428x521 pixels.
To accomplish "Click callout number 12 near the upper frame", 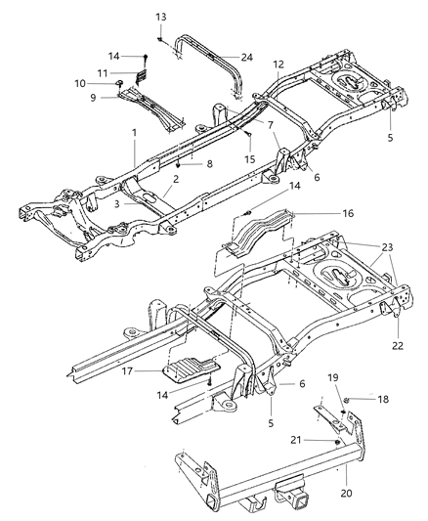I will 279,65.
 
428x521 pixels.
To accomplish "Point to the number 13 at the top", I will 161,18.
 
